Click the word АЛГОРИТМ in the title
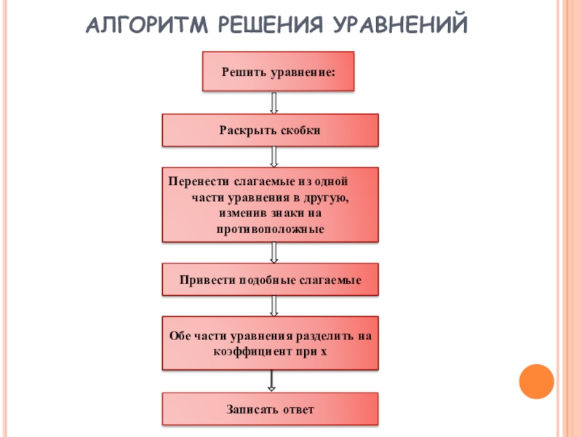click(142, 27)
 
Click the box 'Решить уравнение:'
click(278, 71)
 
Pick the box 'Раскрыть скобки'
click(270, 130)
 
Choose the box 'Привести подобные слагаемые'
click(270, 280)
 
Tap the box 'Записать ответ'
click(270, 409)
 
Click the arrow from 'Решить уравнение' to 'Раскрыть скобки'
click(274, 102)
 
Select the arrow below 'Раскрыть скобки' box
click(274, 157)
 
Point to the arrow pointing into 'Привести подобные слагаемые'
click(274, 252)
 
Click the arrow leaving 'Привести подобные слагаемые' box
click(274, 306)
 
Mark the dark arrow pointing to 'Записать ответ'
click(271, 381)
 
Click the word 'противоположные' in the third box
click(270, 229)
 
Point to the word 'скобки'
click(300, 130)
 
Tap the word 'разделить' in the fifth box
click(325, 336)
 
